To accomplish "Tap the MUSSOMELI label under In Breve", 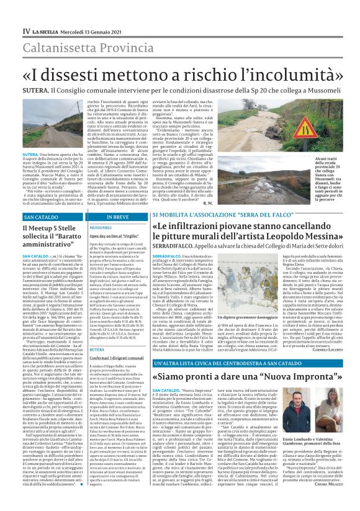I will point(101,228).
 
